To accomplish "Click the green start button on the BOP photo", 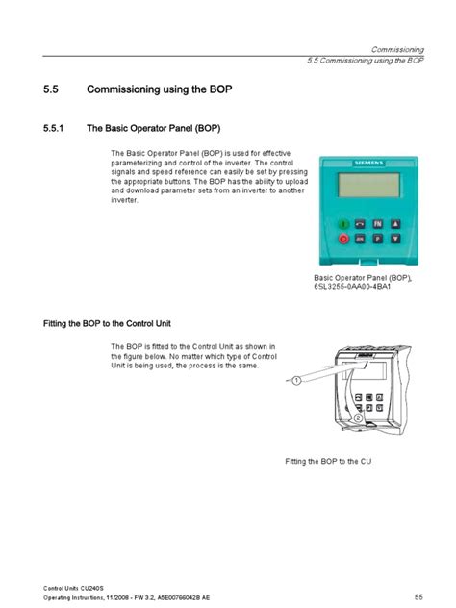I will pyautogui.click(x=342, y=221).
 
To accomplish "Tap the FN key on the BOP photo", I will pyautogui.click(x=377, y=221).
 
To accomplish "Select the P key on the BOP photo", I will pyautogui.click(x=377, y=237).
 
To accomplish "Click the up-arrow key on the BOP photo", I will pyautogui.click(x=394, y=221).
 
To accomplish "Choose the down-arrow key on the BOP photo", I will pyautogui.click(x=394, y=237).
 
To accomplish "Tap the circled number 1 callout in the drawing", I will pyautogui.click(x=297, y=381).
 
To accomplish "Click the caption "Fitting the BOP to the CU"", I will pyautogui.click(x=328, y=462).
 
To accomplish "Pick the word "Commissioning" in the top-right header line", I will pyautogui.click(x=397, y=48).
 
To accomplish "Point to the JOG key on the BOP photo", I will pyautogui.click(x=360, y=237).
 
